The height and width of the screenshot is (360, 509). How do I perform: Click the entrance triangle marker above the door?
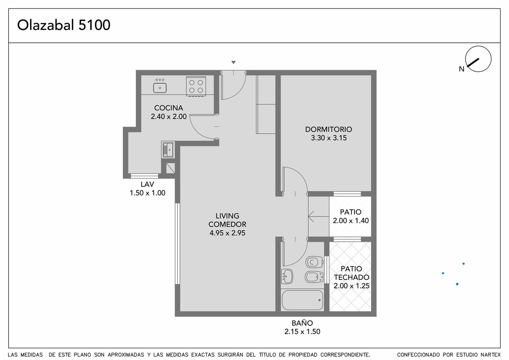(234, 62)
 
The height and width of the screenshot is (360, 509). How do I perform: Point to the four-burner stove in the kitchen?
(196, 86)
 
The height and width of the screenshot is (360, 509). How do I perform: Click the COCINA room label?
(169, 108)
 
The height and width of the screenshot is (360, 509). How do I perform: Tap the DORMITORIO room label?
(328, 129)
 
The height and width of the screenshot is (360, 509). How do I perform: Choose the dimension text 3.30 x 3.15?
(329, 138)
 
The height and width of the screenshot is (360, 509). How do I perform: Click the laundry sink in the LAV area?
(168, 150)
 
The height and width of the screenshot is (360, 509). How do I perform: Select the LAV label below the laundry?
(147, 184)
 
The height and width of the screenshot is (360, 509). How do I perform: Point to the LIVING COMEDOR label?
(228, 220)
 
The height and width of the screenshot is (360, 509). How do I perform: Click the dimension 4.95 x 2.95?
(228, 233)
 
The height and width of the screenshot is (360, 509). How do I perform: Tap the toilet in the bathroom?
(314, 262)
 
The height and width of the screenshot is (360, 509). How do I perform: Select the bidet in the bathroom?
(314, 277)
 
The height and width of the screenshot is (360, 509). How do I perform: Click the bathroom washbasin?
(287, 277)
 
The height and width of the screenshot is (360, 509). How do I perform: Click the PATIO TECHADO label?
(351, 273)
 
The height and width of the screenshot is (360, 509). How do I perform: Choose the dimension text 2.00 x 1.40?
(351, 221)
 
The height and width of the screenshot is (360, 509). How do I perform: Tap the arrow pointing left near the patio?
(318, 217)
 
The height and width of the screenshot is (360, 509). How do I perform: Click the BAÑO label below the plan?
(302, 323)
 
